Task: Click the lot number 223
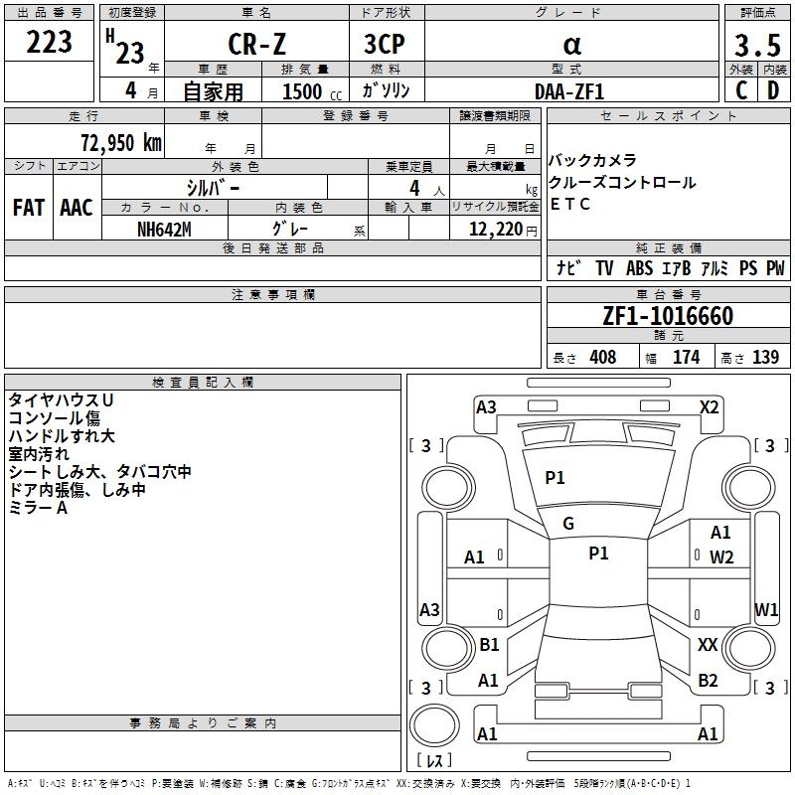click(49, 42)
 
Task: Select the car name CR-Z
click(256, 46)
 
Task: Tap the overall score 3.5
click(755, 46)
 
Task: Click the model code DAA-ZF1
click(568, 90)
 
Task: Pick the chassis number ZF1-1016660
click(668, 316)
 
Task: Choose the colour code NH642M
click(164, 229)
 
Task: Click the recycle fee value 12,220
click(495, 229)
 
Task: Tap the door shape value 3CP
click(386, 46)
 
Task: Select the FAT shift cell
click(28, 208)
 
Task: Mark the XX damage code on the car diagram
click(708, 645)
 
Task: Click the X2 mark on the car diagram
click(709, 406)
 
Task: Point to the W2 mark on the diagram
click(721, 556)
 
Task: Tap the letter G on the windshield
click(568, 523)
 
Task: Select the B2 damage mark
click(708, 680)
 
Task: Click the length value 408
click(602, 358)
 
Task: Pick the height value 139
click(765, 358)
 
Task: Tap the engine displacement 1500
click(302, 91)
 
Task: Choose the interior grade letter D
click(772, 90)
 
